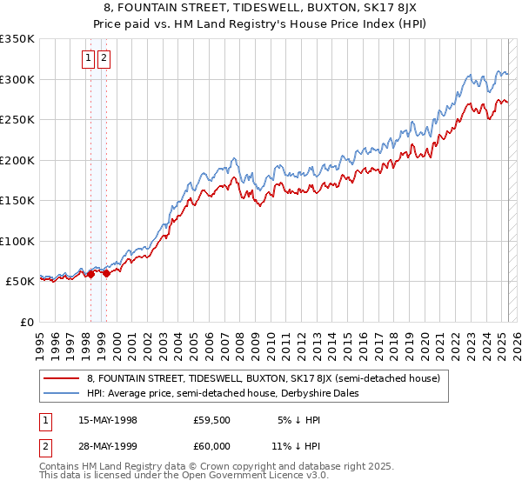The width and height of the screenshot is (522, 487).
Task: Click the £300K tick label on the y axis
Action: point(17,79)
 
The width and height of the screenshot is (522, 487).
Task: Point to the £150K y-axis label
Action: point(17,200)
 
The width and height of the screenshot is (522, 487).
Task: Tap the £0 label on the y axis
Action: point(26,322)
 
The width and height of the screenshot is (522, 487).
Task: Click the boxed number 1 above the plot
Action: point(89,58)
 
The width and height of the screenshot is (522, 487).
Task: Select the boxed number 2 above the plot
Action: point(104,58)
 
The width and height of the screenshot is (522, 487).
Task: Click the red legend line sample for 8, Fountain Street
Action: point(62,378)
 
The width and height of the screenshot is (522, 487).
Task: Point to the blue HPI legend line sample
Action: point(62,393)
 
